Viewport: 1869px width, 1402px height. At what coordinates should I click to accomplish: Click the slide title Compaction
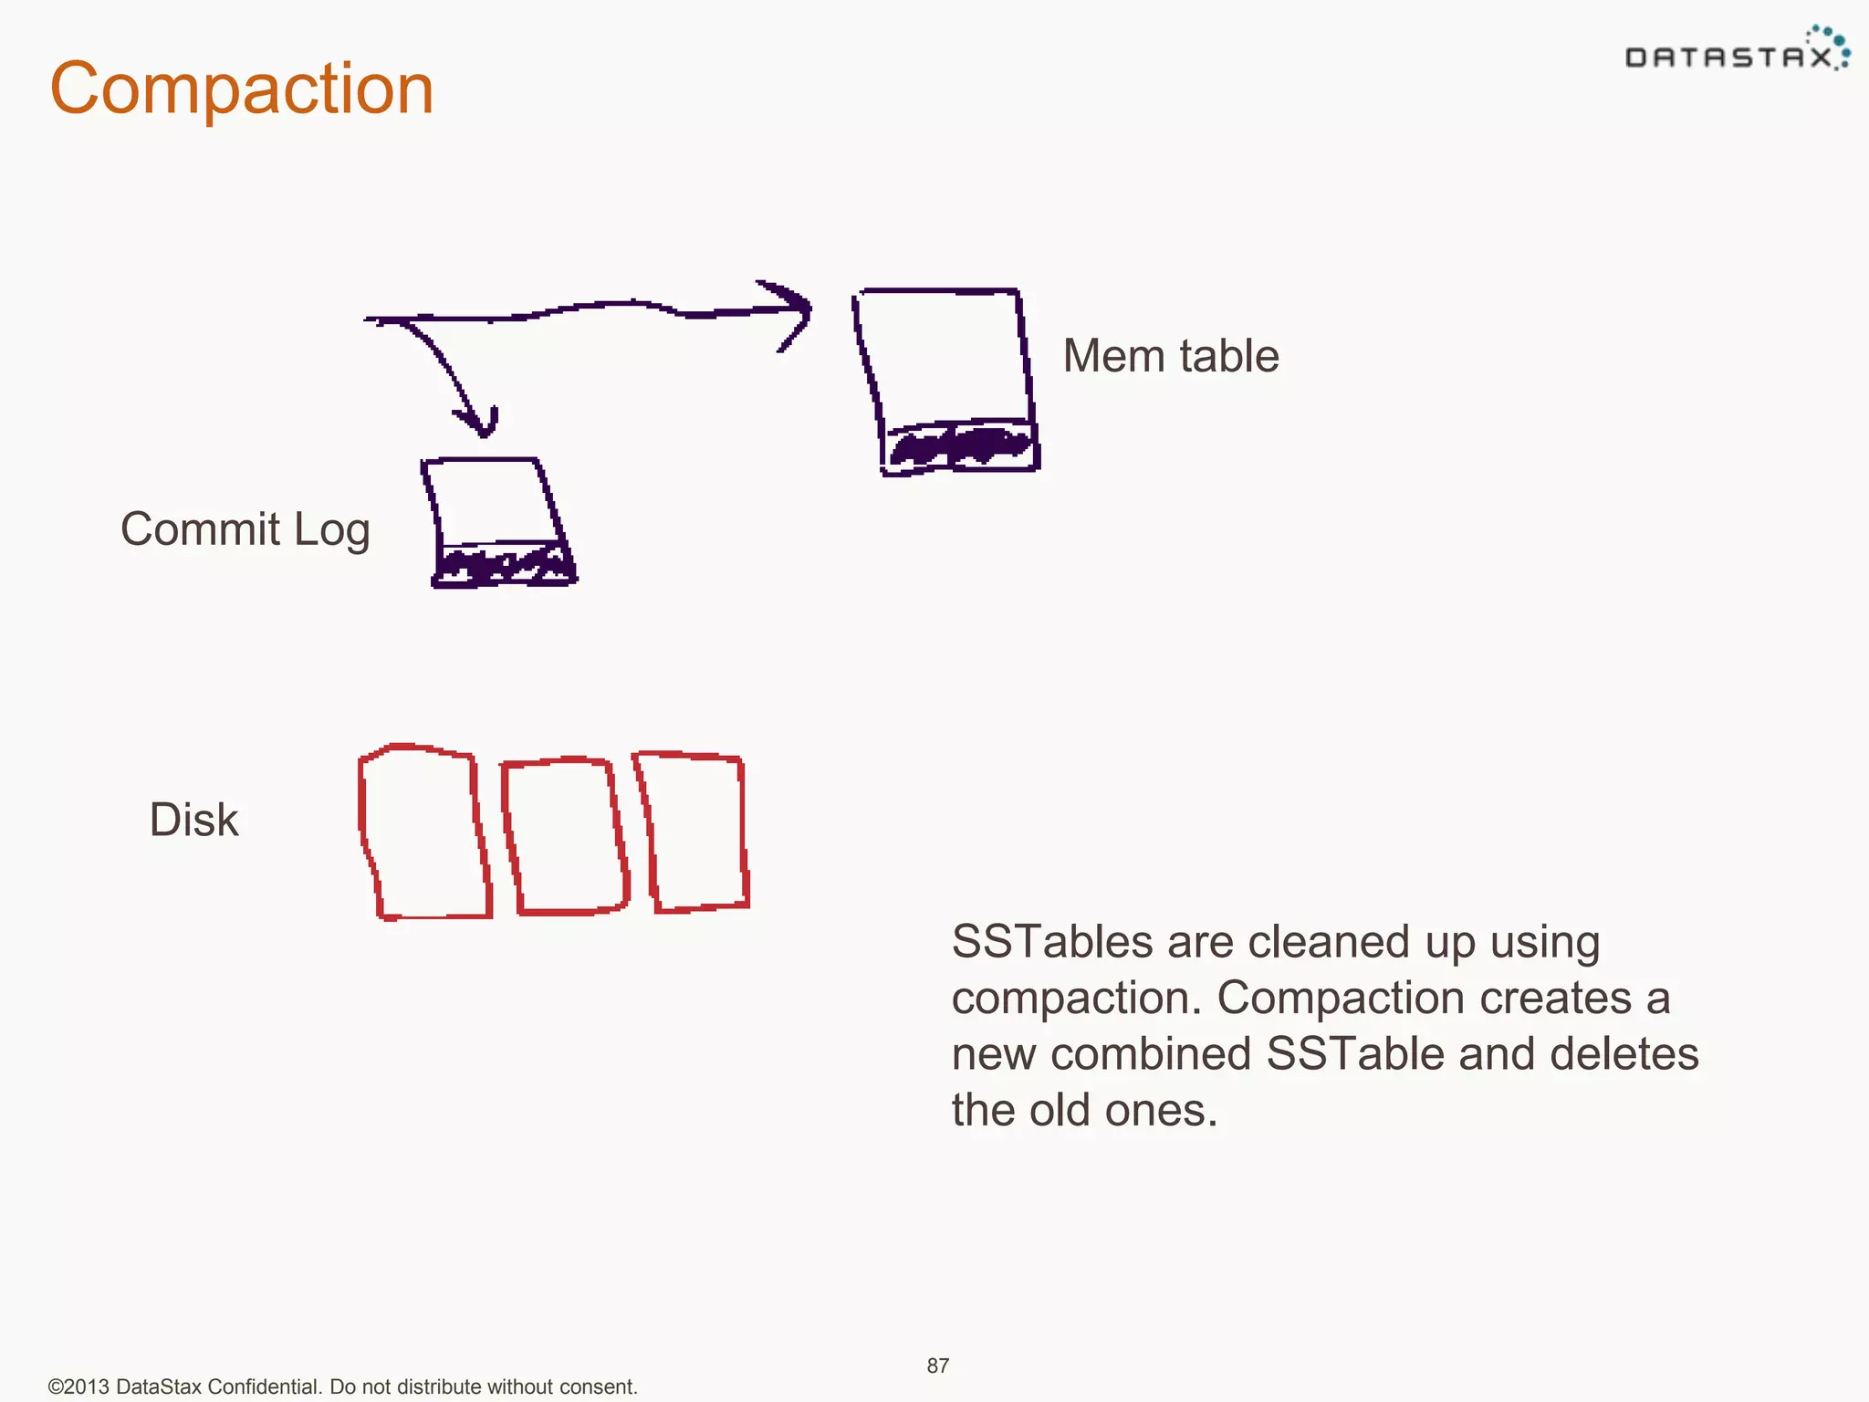pyautogui.click(x=242, y=89)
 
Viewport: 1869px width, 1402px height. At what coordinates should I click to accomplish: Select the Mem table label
pyautogui.click(x=1171, y=356)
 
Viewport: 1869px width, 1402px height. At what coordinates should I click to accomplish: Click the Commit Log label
pyautogui.click(x=245, y=529)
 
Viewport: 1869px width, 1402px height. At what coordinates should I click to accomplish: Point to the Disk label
pyautogui.click(x=193, y=820)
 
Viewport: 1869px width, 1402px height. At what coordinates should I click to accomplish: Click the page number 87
pyautogui.click(x=937, y=1365)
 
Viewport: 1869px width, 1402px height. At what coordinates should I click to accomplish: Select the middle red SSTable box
pyautogui.click(x=565, y=836)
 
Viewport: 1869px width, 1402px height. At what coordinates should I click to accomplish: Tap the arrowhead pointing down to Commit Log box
pyautogui.click(x=479, y=422)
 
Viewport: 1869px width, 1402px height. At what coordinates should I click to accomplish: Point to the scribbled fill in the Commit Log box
pyautogui.click(x=502, y=564)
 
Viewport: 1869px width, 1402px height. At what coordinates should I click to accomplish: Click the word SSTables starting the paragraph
pyautogui.click(x=1051, y=942)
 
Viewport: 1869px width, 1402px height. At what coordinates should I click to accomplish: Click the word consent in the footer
pyautogui.click(x=599, y=1386)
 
